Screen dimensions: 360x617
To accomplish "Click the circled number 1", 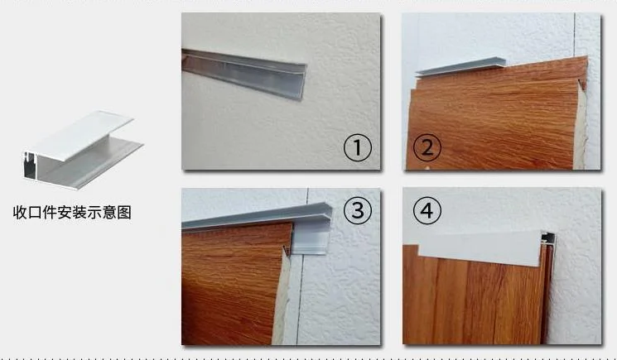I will [x=358, y=149].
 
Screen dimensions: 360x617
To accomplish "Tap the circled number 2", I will [x=427, y=149].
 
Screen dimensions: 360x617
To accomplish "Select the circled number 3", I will [x=358, y=211].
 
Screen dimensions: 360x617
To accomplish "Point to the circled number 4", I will [x=427, y=212].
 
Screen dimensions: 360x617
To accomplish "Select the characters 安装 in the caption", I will [x=72, y=212].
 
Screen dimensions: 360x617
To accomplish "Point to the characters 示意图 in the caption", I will [x=112, y=212].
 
